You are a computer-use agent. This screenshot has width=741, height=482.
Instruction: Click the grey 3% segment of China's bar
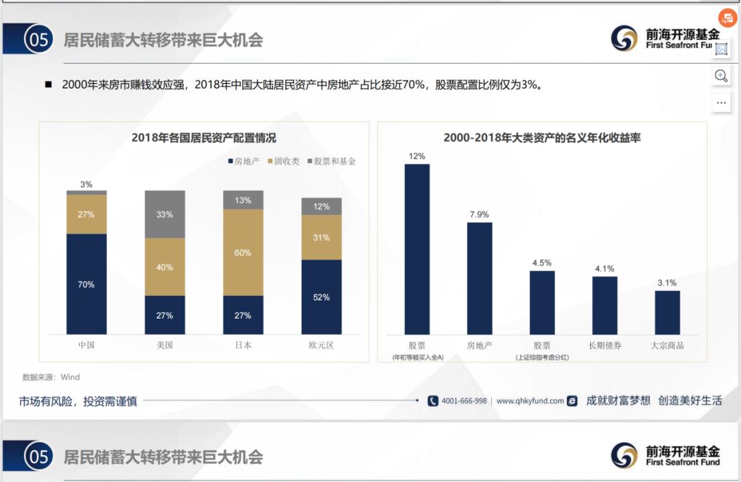(x=86, y=193)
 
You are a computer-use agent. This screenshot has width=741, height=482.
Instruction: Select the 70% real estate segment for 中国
(x=86, y=284)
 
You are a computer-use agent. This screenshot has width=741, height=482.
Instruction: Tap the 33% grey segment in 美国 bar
(x=165, y=214)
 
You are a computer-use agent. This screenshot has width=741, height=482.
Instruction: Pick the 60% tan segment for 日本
(x=243, y=252)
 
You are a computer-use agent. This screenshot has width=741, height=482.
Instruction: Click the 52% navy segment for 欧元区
(x=321, y=297)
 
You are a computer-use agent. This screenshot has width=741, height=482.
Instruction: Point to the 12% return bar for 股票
(x=417, y=249)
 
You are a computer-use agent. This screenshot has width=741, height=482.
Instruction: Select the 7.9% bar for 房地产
(x=480, y=278)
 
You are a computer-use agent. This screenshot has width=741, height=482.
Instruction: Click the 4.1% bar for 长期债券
(x=604, y=305)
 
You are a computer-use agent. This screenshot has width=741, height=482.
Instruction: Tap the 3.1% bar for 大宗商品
(x=667, y=312)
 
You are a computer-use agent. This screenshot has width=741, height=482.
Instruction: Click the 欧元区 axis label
(x=321, y=345)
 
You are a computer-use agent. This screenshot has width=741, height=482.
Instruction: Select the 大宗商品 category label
(x=667, y=345)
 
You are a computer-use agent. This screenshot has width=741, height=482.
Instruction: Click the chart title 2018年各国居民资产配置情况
(x=204, y=138)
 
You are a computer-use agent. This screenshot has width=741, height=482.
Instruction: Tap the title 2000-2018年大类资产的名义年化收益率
(x=542, y=138)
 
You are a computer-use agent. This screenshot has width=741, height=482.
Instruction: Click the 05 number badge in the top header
(x=38, y=40)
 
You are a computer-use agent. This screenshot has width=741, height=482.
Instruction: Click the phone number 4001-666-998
(x=463, y=401)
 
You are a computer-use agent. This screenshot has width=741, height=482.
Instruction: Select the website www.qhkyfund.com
(x=530, y=401)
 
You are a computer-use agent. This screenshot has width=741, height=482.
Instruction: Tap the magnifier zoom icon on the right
(x=721, y=76)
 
